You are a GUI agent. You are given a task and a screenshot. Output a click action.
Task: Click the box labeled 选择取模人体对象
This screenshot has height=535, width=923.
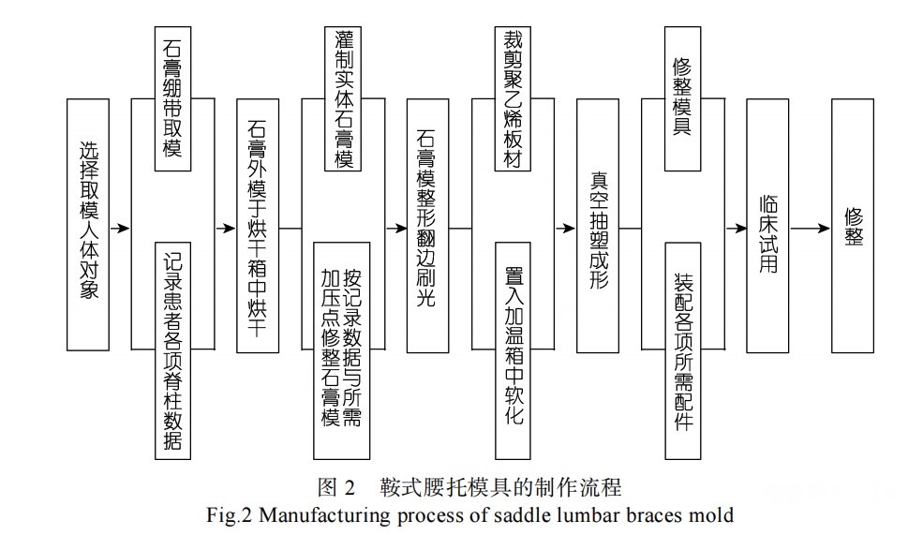(x=88, y=225)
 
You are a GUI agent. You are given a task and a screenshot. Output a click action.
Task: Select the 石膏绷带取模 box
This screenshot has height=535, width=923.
(x=173, y=99)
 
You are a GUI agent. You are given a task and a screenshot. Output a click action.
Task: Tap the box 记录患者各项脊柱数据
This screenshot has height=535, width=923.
(x=173, y=350)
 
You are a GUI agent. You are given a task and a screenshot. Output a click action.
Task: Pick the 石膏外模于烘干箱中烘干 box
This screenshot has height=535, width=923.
(x=258, y=226)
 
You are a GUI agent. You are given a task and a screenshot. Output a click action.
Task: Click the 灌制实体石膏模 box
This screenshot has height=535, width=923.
(x=343, y=99)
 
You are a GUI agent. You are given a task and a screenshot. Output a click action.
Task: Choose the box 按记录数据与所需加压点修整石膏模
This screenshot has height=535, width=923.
(x=342, y=350)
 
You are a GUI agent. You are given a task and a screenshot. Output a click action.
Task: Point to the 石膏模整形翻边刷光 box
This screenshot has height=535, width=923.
(x=428, y=226)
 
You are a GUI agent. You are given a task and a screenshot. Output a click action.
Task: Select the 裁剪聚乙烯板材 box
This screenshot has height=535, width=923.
(x=514, y=99)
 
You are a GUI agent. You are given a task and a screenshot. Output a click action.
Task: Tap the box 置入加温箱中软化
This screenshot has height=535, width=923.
(x=514, y=350)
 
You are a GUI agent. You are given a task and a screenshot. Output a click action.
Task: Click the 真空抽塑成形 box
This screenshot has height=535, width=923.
(x=598, y=226)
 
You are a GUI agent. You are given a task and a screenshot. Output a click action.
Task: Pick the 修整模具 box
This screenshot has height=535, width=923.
(x=683, y=99)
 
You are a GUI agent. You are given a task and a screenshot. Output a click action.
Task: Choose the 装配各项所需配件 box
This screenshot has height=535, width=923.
(x=683, y=350)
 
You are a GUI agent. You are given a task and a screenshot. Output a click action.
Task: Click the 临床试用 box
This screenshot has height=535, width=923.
(x=767, y=226)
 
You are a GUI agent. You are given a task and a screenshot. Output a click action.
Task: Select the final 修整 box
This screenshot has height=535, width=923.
(x=853, y=226)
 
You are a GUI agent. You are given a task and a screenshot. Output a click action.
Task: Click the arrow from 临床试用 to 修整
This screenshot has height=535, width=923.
(x=810, y=229)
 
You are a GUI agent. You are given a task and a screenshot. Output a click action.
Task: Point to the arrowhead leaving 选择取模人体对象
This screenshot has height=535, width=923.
(x=124, y=229)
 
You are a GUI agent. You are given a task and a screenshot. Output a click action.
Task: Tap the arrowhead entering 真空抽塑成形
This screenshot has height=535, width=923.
(x=569, y=229)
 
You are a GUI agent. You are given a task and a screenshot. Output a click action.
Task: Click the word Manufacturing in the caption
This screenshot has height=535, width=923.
(x=324, y=515)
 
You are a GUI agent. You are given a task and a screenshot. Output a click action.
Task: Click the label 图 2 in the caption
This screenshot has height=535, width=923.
(x=336, y=487)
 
